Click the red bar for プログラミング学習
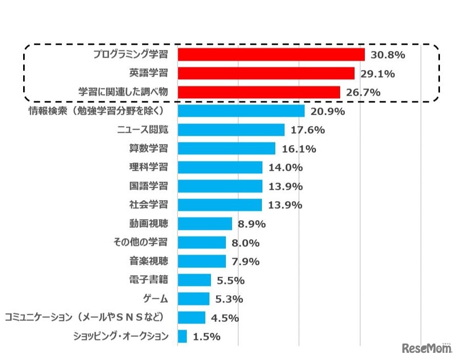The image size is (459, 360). pyautogui.click(x=271, y=55)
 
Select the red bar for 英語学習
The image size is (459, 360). pyautogui.click(x=266, y=74)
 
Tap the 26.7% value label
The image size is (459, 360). pyautogui.click(x=363, y=93)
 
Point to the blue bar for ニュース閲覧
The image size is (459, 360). pyautogui.click(x=231, y=130)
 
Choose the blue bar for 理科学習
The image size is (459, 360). pyautogui.click(x=220, y=168)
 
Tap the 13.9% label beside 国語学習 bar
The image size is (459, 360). pyautogui.click(x=285, y=186)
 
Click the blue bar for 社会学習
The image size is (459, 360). pyautogui.click(x=220, y=205)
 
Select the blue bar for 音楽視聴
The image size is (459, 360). pyautogui.click(x=201, y=261)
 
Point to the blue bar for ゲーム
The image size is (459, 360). pyautogui.click(x=193, y=299)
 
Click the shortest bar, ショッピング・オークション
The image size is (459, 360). pyautogui.click(x=182, y=336)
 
